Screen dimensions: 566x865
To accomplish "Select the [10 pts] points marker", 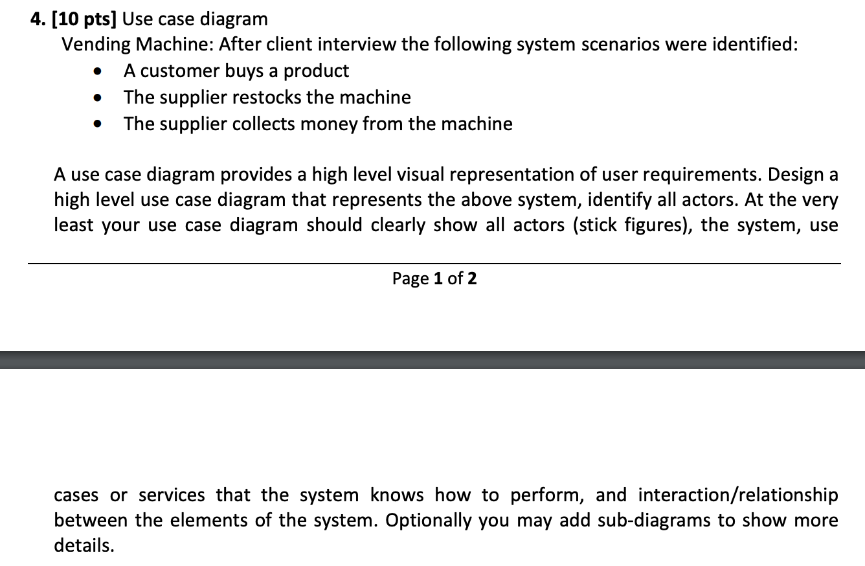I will [x=84, y=19].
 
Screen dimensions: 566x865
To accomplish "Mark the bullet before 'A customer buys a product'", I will [x=98, y=71].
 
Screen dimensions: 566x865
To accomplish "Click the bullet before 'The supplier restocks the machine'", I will [x=98, y=98].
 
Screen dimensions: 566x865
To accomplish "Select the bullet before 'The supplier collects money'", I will [x=98, y=124].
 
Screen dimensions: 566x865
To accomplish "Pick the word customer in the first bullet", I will [x=179, y=71].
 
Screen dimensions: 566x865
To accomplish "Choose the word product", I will [x=316, y=71].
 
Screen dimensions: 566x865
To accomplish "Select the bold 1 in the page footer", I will [x=438, y=279].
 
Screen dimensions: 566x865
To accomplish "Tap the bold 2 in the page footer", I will [x=472, y=279].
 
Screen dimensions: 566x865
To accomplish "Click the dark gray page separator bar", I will [x=432, y=359].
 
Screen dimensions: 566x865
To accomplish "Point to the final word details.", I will [x=84, y=546].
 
